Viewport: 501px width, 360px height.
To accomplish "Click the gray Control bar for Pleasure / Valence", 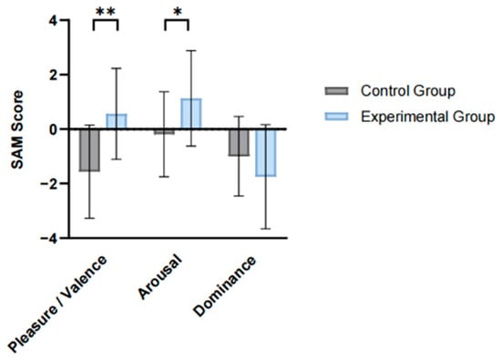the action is (x=89, y=150).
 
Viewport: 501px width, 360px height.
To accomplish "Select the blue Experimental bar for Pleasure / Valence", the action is (x=117, y=121).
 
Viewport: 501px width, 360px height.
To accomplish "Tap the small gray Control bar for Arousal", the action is (x=164, y=131).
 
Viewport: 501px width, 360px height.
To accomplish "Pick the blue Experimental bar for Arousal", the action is (x=191, y=114).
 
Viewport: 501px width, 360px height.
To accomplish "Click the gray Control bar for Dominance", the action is (x=239, y=142).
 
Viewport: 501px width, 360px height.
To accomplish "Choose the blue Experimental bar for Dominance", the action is (x=265, y=153).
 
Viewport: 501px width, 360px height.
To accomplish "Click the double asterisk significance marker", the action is (x=106, y=13).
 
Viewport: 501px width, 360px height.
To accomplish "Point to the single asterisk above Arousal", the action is (x=178, y=13).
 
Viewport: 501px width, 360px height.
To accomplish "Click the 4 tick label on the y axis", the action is (x=53, y=20).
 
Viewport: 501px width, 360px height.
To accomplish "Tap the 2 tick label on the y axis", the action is (x=53, y=75).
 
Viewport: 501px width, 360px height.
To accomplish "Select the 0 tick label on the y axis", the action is (x=53, y=129).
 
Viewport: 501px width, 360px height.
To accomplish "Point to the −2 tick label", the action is (x=49, y=183).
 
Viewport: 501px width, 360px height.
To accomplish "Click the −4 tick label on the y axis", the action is (x=49, y=238).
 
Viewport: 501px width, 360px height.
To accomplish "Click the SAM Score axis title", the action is (x=17, y=129).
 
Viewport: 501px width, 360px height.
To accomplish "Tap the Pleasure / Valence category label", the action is (x=56, y=304).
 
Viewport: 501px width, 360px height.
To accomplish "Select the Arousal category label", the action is (x=159, y=277).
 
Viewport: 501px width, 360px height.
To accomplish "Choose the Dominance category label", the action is (x=225, y=286).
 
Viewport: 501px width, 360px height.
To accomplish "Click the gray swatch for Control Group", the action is (x=336, y=91).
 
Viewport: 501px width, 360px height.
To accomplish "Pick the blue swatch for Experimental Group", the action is (x=336, y=117).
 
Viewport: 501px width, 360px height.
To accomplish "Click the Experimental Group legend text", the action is (x=428, y=117).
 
